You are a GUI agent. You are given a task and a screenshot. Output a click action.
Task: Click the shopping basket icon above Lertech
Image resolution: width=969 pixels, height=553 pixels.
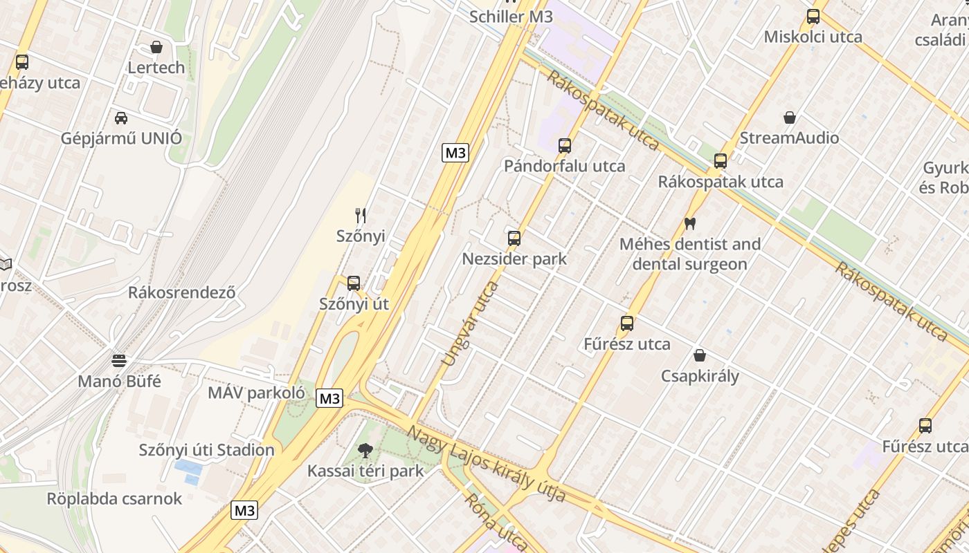[x=156, y=47]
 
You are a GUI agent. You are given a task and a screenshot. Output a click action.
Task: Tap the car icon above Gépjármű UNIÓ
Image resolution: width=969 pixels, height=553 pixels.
[x=121, y=118]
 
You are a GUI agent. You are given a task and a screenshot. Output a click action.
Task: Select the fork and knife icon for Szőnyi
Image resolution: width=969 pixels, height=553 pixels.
[x=360, y=216]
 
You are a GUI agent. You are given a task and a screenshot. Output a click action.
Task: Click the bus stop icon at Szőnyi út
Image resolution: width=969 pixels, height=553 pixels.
[x=354, y=283]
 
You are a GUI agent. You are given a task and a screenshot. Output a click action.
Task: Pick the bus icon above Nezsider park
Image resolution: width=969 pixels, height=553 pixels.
[x=514, y=238]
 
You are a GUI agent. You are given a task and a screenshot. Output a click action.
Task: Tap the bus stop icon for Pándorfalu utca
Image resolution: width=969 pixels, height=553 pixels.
[x=565, y=145]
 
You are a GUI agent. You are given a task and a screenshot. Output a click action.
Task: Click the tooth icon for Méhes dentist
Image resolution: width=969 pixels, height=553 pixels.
[x=689, y=223]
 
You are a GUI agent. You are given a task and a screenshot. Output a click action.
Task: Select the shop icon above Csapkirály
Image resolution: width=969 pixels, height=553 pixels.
[x=700, y=355]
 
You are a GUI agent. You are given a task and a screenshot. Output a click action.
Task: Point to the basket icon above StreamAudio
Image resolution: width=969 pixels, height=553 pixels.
[x=790, y=118]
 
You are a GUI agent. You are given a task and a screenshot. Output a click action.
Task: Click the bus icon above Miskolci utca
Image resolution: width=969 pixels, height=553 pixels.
[x=813, y=17]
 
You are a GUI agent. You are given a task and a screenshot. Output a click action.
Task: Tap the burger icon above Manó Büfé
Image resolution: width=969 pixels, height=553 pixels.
[x=119, y=360]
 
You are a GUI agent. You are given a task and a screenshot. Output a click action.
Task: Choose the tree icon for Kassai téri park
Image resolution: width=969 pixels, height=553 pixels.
[x=365, y=451]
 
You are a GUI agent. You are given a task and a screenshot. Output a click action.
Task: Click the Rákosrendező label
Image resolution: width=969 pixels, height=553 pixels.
[x=181, y=292]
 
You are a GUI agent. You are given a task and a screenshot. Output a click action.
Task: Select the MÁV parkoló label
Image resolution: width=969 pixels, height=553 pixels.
[x=256, y=393]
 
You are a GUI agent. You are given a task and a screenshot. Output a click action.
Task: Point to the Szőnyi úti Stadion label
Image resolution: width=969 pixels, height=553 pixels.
[x=206, y=450]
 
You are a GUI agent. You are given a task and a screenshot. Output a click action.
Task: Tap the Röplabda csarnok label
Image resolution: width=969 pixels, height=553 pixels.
[x=114, y=498]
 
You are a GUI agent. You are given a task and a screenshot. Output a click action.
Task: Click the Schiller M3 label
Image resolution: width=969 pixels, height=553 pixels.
[x=511, y=17]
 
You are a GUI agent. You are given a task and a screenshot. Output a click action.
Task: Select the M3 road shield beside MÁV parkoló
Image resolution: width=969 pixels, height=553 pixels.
[x=329, y=398]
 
